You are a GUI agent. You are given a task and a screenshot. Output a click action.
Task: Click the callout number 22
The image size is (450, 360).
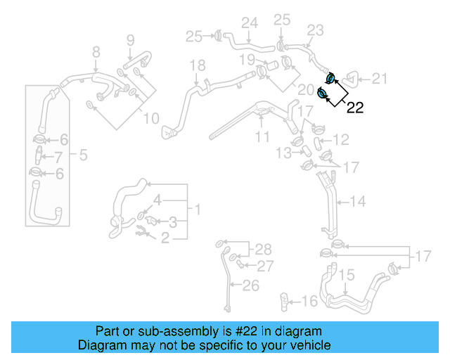tap(356, 107)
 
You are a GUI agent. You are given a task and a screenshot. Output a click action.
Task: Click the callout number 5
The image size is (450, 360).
tap(83, 154)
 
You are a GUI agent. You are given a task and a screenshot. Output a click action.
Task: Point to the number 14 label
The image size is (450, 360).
tap(357, 202)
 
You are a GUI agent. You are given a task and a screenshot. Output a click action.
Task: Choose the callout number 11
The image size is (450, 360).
tap(262, 136)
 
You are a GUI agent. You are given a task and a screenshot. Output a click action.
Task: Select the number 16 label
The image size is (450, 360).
tap(309, 302)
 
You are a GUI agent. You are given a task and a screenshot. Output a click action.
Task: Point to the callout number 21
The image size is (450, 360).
tap(380, 79)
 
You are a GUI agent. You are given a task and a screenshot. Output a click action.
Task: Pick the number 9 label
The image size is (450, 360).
tap(130, 39)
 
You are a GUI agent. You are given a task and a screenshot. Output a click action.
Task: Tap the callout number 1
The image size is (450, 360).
tap(198, 210)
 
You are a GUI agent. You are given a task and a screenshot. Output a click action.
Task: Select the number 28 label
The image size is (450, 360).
tap(262, 250)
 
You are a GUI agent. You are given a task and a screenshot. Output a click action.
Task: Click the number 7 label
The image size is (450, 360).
tap(58, 157)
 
